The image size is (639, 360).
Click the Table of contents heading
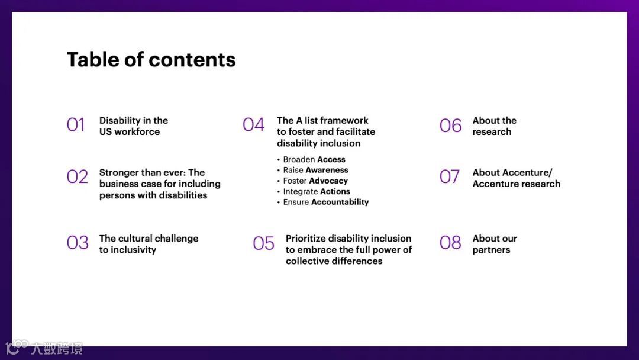pyautogui.click(x=151, y=60)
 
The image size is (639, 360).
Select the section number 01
pyautogui.click(x=76, y=125)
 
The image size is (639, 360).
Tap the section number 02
pyautogui.click(x=78, y=176)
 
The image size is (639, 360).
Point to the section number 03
pyautogui.click(x=78, y=243)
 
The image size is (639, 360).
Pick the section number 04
pyautogui.click(x=253, y=125)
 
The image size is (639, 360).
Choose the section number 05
pyautogui.click(x=264, y=243)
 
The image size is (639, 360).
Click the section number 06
pyautogui.click(x=451, y=125)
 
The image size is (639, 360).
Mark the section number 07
pyautogui.click(x=450, y=177)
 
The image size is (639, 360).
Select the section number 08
pyautogui.click(x=450, y=243)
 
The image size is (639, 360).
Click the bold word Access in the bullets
pyautogui.click(x=331, y=159)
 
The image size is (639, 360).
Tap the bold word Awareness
pyautogui.click(x=327, y=170)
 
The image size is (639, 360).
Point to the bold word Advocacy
pyautogui.click(x=328, y=181)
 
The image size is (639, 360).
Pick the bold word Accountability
pyautogui.click(x=340, y=202)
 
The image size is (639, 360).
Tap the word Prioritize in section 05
pyautogui.click(x=305, y=239)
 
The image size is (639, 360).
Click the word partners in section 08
pyautogui.click(x=491, y=250)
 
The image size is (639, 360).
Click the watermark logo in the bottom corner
pyautogui.click(x=44, y=348)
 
